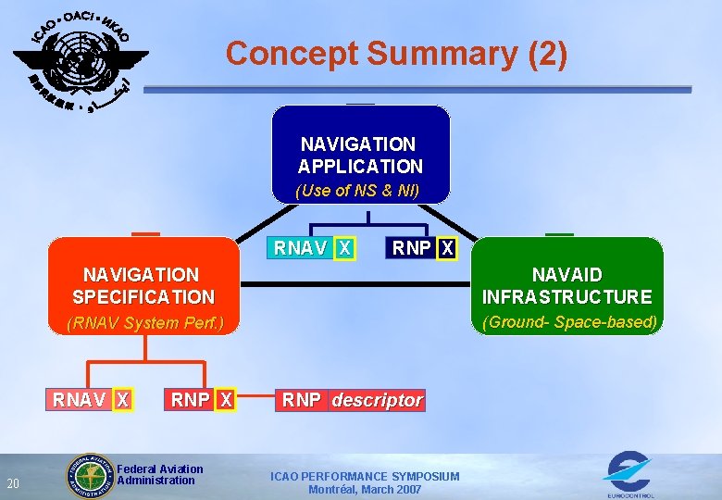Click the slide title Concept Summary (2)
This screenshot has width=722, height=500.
click(396, 54)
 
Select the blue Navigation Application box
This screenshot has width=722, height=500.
click(360, 154)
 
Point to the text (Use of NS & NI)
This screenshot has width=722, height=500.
click(357, 191)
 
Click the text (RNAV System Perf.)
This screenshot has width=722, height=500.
click(144, 323)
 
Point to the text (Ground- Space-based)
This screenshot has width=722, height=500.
click(569, 322)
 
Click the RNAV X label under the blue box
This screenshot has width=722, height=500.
click(313, 248)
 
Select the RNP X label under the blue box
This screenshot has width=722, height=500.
click(423, 248)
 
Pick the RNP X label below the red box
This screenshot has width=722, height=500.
click(202, 400)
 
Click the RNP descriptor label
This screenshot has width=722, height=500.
click(352, 400)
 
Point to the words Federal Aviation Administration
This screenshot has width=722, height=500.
click(159, 475)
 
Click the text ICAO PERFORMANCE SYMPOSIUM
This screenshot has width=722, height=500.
click(365, 476)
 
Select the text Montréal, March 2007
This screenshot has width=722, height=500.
click(365, 490)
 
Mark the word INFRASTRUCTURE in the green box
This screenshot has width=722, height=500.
click(566, 297)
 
